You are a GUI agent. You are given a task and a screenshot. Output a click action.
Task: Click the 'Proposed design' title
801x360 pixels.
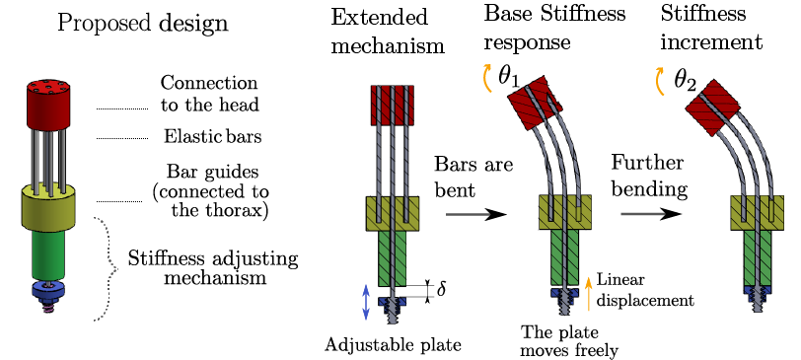click(143, 23)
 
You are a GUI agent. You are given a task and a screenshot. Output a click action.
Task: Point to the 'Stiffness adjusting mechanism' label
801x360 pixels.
click(213, 268)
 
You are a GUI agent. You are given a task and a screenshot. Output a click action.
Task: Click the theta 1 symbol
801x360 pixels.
click(509, 77)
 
